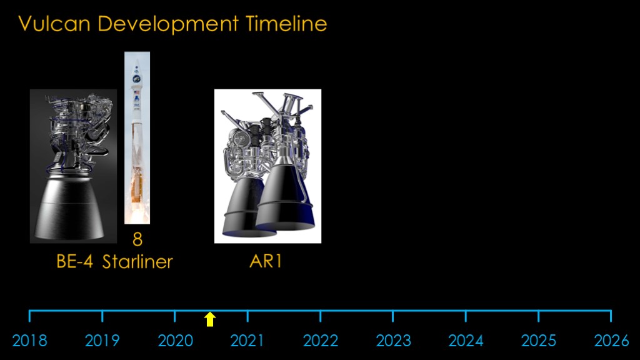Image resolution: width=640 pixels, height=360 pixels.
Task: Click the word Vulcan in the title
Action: [x=54, y=24]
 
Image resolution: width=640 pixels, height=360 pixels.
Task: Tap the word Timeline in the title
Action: [x=286, y=24]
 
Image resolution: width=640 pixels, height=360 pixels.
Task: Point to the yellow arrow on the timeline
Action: [x=210, y=319]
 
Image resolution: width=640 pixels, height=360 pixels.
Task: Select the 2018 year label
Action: [x=30, y=341]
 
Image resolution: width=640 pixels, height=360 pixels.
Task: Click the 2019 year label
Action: [x=102, y=341]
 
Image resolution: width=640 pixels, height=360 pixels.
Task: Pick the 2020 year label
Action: [x=175, y=341]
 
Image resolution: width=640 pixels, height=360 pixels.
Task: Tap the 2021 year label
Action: [x=247, y=341]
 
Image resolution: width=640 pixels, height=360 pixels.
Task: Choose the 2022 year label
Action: [x=321, y=341]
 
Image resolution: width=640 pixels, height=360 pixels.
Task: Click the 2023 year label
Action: [x=393, y=341]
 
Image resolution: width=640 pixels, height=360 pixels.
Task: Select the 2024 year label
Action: [x=466, y=341]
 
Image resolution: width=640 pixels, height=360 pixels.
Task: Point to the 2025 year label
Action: [x=538, y=341]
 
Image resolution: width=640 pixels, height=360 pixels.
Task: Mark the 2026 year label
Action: [x=611, y=341]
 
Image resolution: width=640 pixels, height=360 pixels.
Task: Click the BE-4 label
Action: [x=75, y=262]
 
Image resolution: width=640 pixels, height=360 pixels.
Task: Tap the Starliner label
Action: [x=137, y=262]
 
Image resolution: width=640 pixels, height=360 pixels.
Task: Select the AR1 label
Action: [x=266, y=262]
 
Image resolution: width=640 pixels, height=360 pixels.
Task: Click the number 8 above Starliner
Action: [x=137, y=239]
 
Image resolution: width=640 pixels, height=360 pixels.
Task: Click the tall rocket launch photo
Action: [x=137, y=138]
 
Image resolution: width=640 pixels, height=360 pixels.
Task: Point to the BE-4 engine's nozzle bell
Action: [x=69, y=208]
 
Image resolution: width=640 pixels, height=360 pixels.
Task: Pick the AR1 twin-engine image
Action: [x=267, y=166]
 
